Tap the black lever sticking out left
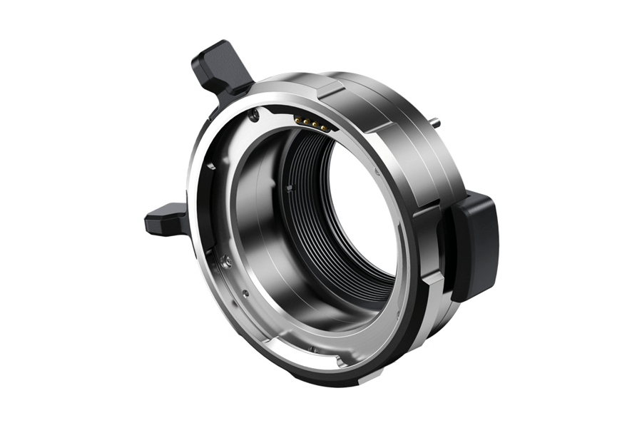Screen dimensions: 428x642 (166, 220)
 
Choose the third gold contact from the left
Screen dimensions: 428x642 (316, 125)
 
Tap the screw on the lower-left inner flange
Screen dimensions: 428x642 (226, 261)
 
